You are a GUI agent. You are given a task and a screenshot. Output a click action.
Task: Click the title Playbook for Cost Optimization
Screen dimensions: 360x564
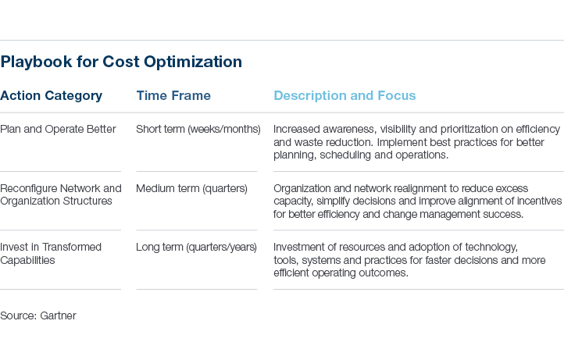(121, 62)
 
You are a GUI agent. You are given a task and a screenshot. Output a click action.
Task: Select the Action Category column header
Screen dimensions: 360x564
(51, 96)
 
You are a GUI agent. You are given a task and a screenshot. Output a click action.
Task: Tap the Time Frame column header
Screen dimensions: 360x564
(173, 96)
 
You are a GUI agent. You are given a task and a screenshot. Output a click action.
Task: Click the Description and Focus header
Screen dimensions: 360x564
(344, 96)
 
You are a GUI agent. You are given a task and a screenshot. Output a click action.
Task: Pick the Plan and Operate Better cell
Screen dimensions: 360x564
(58, 129)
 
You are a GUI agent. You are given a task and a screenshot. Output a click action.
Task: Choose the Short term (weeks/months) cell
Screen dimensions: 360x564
(198, 129)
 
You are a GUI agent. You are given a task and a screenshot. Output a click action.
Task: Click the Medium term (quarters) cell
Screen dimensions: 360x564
(191, 188)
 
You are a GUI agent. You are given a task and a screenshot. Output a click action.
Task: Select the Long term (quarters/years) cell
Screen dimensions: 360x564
(196, 247)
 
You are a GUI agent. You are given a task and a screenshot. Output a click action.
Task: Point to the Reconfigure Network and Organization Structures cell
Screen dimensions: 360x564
(61, 194)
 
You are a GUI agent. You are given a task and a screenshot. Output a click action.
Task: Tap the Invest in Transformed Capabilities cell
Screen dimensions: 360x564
(51, 253)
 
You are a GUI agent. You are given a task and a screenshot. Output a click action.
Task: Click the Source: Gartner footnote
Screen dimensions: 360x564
(38, 315)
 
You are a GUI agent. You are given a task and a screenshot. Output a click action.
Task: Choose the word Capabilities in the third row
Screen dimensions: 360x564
(28, 260)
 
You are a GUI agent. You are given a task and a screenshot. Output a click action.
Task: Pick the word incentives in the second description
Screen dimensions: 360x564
(540, 201)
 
